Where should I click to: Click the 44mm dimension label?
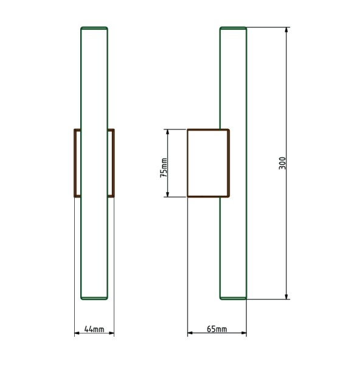94,329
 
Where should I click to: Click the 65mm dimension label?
216,329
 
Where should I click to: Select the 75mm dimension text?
164,168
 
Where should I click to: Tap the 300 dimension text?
282,163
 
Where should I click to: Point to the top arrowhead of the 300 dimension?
286,30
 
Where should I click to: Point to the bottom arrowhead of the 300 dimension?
286,297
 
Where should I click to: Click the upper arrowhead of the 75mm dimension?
168,132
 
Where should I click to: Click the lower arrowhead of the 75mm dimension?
168,194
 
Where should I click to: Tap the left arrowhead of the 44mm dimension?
77,333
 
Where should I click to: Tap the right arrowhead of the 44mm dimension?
111,333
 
